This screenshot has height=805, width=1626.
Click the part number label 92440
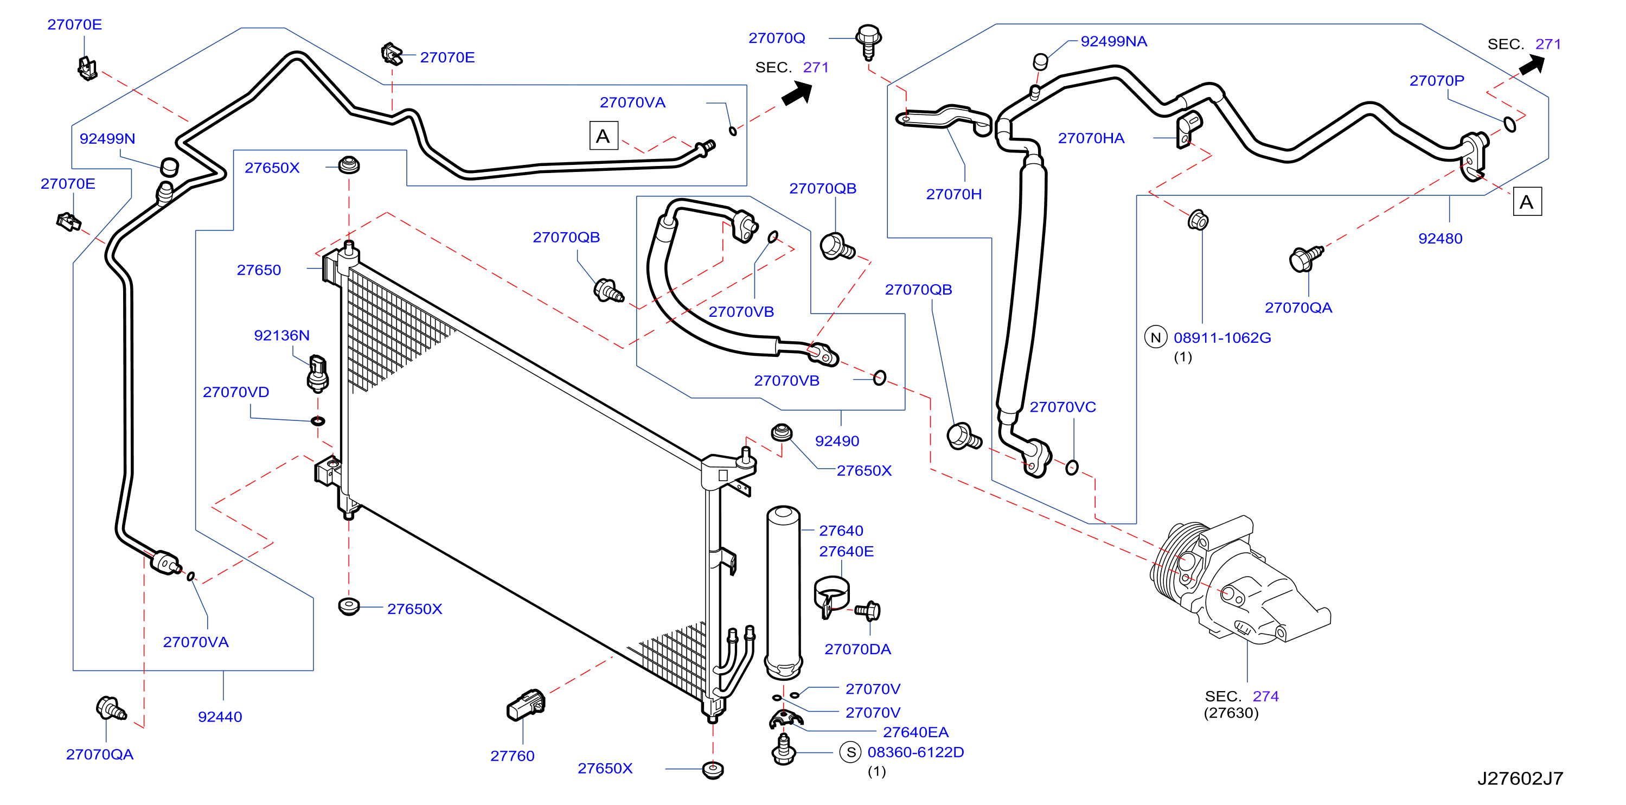point(220,717)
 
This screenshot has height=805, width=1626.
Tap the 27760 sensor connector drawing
point(526,705)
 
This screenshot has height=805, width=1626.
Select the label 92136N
point(281,335)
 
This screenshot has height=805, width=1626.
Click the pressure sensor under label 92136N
point(317,374)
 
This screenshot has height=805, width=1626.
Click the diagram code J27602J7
point(1520,778)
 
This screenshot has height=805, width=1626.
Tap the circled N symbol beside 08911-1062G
point(1156,338)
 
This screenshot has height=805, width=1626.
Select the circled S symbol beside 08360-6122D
point(851,752)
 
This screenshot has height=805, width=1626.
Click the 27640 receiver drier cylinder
point(783,592)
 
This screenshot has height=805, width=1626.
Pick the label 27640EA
point(916,732)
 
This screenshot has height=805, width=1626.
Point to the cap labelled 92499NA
point(1040,61)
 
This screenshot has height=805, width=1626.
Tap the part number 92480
point(1440,239)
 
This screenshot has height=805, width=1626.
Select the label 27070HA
point(1091,138)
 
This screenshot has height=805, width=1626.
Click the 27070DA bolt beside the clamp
point(868,611)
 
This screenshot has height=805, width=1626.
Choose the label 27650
point(259,270)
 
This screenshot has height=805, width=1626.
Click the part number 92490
point(837,440)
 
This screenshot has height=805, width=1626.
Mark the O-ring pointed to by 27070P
point(1510,124)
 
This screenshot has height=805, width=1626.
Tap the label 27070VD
point(236,392)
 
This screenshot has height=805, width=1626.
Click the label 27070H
point(954,194)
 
